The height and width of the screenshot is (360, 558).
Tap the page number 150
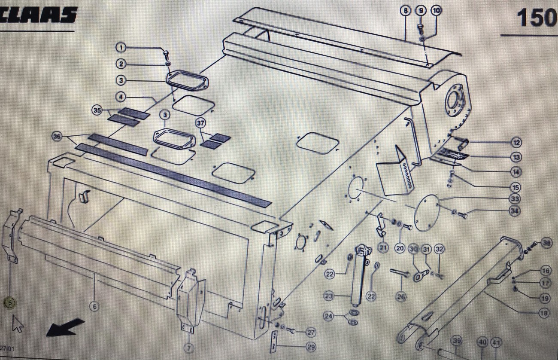pyautogui.click(x=536, y=18)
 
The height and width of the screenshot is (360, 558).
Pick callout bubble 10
pyautogui.click(x=436, y=11)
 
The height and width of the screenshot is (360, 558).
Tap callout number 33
pyautogui.click(x=516, y=199)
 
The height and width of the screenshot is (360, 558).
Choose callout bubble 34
pyautogui.click(x=516, y=211)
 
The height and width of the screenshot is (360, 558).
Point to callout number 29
pyautogui.click(x=310, y=346)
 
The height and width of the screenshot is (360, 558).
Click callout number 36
pyautogui.click(x=57, y=136)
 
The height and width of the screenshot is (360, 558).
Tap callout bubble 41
pyautogui.click(x=496, y=342)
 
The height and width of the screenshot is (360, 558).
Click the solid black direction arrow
pyautogui.click(x=65, y=327)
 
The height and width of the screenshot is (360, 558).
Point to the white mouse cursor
pyautogui.click(x=18, y=323)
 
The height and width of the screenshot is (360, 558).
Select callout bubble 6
pyautogui.click(x=94, y=306)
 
